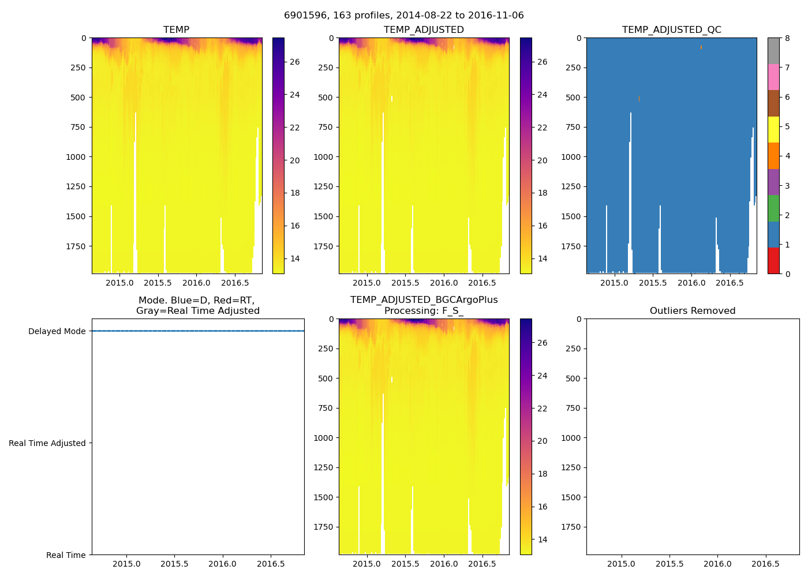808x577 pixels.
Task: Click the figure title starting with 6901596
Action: (x=403, y=16)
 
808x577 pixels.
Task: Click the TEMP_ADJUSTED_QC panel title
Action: (x=671, y=29)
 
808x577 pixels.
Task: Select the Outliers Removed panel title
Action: (x=693, y=310)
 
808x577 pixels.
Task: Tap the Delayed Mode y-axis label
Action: (x=57, y=331)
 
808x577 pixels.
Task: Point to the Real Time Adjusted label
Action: (x=47, y=443)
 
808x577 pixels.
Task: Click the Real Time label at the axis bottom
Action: (x=66, y=555)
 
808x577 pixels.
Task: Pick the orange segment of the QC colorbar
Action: (x=773, y=156)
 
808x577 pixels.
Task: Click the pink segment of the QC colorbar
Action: (x=773, y=77)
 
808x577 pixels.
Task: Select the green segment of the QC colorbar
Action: (x=773, y=208)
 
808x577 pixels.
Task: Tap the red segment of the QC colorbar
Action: (x=773, y=260)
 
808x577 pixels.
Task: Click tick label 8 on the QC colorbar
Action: (x=787, y=38)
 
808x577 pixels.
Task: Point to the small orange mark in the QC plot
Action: (x=701, y=47)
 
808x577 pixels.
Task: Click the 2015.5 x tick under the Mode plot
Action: (x=174, y=564)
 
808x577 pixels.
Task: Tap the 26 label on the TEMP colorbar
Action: (x=294, y=62)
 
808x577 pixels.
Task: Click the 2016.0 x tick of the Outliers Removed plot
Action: (x=717, y=564)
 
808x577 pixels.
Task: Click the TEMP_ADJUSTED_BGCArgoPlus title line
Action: (x=424, y=300)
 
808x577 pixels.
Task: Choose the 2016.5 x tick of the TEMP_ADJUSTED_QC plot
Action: (x=730, y=283)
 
